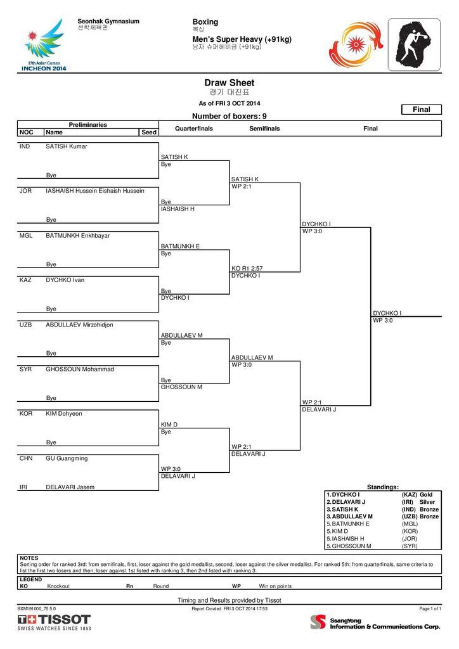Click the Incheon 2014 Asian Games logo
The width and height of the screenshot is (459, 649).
tap(44, 45)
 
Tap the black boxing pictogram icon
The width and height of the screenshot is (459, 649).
tap(414, 45)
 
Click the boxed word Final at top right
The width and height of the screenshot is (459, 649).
tap(422, 110)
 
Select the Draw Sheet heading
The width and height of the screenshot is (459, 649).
tap(229, 83)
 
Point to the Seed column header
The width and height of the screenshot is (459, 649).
tap(149, 132)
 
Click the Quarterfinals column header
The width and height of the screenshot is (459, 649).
tap(194, 129)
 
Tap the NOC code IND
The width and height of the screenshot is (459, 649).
tap(25, 146)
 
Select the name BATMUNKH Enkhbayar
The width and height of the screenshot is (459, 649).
tap(78, 236)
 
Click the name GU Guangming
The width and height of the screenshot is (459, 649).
tap(67, 459)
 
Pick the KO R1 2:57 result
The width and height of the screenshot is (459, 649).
tap(247, 269)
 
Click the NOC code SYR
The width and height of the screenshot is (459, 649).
tap(25, 369)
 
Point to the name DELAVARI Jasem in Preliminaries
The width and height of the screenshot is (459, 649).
tap(70, 487)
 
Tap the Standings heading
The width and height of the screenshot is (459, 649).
tap(383, 487)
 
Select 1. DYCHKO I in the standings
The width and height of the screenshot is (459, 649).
tap(343, 494)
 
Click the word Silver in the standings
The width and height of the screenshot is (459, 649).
tap(427, 502)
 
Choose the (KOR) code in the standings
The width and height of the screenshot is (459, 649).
tap(410, 532)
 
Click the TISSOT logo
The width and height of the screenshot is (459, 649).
tap(54, 620)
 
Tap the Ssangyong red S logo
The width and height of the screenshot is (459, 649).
tap(318, 622)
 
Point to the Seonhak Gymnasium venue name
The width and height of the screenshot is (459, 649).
tap(108, 22)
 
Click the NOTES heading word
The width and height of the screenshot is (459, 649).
tap(29, 558)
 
